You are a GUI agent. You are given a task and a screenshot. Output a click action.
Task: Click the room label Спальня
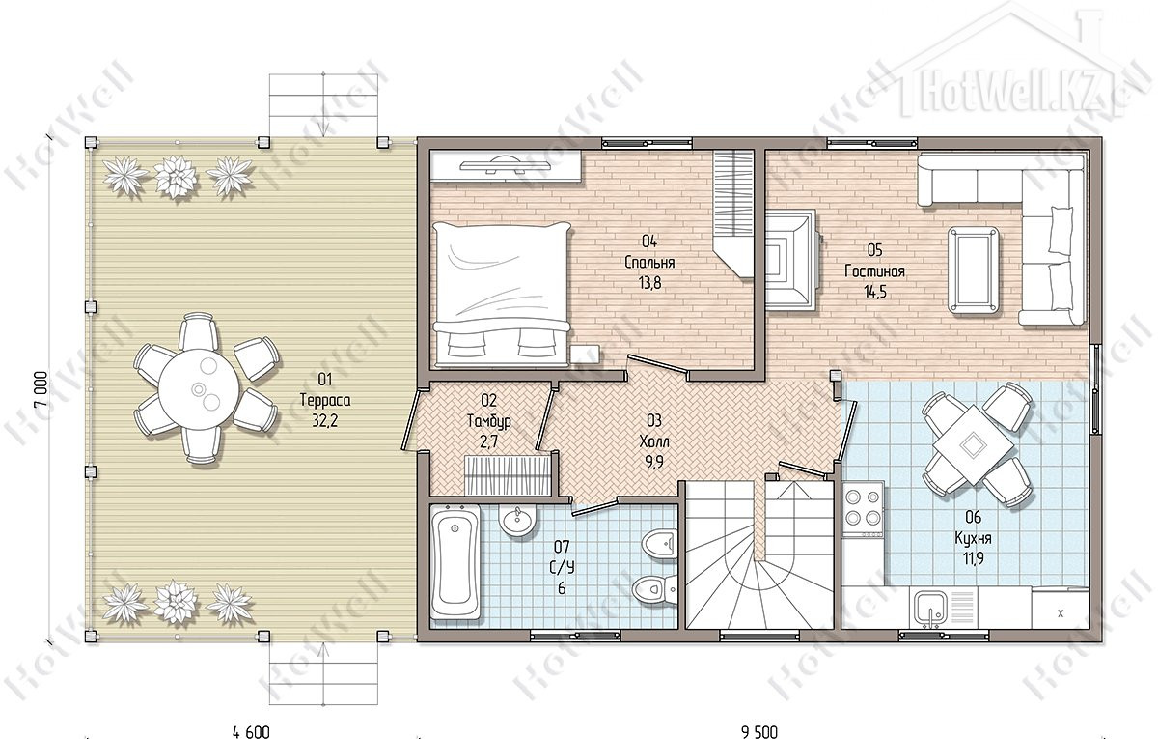click(x=649, y=263)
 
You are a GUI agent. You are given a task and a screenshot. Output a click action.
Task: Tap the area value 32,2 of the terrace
click(x=324, y=421)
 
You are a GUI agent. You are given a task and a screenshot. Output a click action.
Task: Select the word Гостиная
click(x=874, y=271)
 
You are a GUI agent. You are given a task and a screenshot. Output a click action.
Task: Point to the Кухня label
click(x=973, y=538)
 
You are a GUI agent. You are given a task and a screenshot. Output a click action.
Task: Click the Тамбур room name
click(x=488, y=421)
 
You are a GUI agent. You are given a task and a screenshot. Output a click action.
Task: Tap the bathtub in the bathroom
click(x=455, y=562)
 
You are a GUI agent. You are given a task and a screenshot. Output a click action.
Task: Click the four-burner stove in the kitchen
click(x=863, y=509)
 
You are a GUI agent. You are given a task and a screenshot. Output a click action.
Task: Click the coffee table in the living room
click(x=973, y=270)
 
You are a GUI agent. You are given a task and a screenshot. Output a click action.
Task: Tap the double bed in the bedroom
click(x=502, y=294)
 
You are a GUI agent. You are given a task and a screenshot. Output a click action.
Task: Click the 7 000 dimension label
click(x=41, y=389)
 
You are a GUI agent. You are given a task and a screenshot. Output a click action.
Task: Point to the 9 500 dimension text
click(x=759, y=732)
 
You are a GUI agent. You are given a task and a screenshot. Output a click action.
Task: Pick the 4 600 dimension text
click(x=251, y=732)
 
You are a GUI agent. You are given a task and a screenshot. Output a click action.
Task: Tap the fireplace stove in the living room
click(x=791, y=260)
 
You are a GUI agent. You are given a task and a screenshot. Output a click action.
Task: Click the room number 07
click(x=562, y=546)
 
